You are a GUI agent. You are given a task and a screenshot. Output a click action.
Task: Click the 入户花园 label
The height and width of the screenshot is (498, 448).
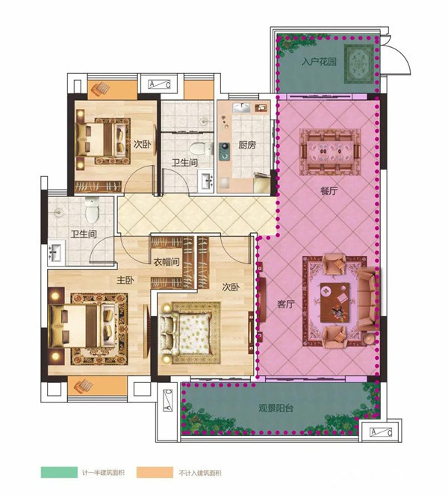tap(319, 61)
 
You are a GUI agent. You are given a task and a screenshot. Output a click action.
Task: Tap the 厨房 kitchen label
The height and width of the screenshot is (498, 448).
tap(247, 145)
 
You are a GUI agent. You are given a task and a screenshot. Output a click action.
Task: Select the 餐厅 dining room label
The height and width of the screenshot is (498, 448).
tap(329, 191)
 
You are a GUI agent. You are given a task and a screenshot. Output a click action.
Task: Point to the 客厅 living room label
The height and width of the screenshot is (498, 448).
tap(286, 304)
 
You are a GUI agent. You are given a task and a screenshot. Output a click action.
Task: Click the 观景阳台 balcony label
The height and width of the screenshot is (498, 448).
tap(276, 408)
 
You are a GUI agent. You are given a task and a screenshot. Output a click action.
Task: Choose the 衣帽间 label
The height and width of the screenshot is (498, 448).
tap(167, 262)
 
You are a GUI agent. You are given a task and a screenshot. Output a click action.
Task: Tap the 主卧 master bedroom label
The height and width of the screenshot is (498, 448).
tap(125, 280)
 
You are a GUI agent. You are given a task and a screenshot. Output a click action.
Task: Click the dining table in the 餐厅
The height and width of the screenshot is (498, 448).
tap(330, 152)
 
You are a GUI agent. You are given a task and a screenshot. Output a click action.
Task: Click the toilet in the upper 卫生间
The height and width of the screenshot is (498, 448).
tap(201, 148)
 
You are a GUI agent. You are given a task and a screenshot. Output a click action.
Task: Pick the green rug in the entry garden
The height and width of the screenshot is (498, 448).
tap(359, 63)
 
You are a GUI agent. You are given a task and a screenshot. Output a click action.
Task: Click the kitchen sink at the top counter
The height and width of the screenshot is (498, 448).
tap(242, 108)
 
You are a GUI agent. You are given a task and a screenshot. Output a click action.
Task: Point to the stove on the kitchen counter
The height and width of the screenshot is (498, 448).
tap(225, 152)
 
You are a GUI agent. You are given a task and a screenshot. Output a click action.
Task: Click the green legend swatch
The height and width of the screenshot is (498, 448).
tap(59, 473)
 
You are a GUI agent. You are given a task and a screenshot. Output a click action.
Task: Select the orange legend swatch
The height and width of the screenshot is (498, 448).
tap(155, 473)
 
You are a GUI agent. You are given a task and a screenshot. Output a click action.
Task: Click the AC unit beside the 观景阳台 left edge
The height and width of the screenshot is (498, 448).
tap(168, 400)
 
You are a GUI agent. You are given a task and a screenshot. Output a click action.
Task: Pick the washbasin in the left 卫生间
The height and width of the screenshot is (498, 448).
tap(57, 252)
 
